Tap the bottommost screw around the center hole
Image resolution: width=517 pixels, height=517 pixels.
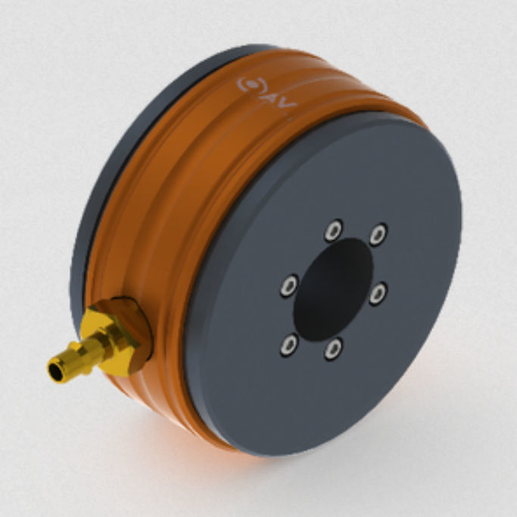(332, 349)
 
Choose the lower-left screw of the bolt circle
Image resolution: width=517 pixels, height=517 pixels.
(289, 346)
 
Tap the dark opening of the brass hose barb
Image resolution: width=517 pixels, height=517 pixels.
(55, 371)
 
